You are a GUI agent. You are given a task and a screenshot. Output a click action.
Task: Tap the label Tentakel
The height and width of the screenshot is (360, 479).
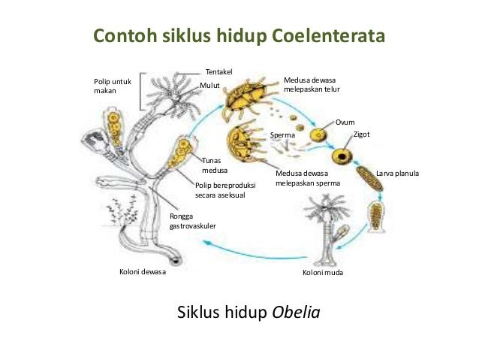tap(219, 71)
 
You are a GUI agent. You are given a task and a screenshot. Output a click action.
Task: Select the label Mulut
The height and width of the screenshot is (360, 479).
tap(209, 86)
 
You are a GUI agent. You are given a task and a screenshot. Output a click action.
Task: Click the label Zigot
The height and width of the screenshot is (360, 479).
tap(361, 135)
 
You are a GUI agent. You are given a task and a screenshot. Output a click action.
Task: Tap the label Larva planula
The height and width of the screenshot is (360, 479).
tap(397, 174)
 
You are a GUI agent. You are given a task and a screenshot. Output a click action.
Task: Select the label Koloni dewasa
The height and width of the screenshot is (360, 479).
tap(143, 272)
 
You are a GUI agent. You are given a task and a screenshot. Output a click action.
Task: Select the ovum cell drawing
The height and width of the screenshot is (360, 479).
tap(320, 136)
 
